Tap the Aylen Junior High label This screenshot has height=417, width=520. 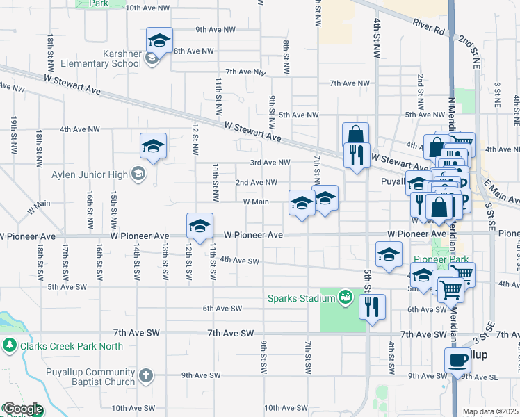tap(92, 174)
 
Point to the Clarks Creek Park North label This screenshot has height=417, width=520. tap(72, 346)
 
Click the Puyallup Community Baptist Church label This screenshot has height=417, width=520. tap(71, 376)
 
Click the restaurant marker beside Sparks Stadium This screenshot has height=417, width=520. tap(373, 306)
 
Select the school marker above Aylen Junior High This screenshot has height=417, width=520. tap(153, 146)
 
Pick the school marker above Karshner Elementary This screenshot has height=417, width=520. tap(159, 41)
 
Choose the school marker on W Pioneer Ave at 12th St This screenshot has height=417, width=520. tap(200, 226)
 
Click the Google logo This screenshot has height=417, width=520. tap(22, 409)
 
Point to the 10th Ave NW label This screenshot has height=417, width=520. tap(147, 8)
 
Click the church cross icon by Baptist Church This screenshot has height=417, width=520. tap(145, 376)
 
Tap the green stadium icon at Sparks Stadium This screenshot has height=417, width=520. tap(344, 297)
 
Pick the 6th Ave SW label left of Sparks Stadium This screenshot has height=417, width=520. tap(222, 309)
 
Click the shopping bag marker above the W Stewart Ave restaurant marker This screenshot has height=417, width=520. tap(355, 135)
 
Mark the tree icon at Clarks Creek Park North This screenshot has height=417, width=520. tap(10, 345)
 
